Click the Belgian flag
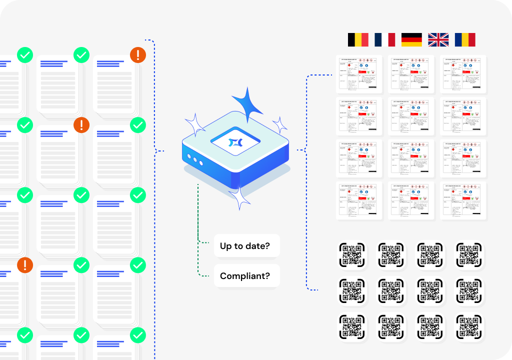tap(358, 40)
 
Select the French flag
tap(384, 40)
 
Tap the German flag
tap(411, 40)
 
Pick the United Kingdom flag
tap(438, 40)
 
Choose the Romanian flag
tap(465, 40)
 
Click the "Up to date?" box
tap(246, 246)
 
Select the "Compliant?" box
tap(246, 276)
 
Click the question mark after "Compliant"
tap(274, 276)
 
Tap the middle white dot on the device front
tap(195, 159)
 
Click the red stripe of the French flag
tap(391, 40)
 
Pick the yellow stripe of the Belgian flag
tap(358, 40)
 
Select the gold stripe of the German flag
tap(411, 44)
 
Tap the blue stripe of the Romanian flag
tap(458, 40)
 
